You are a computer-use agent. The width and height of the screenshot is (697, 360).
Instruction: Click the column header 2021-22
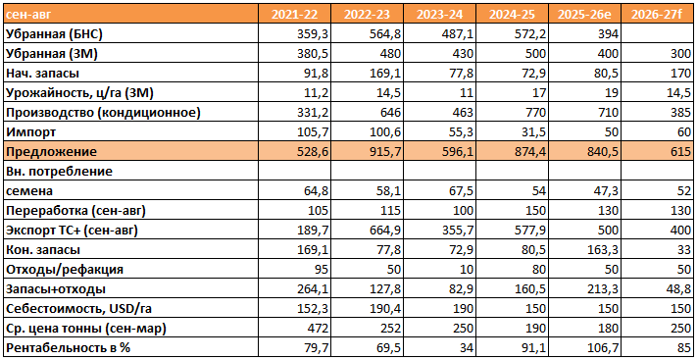[295, 15]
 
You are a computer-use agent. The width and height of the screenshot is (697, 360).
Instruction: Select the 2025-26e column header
[585, 15]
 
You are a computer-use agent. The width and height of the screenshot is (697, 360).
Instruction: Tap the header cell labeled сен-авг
[27, 15]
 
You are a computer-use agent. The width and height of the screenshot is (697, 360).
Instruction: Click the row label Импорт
[30, 132]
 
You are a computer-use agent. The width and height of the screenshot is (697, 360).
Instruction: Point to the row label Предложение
[51, 152]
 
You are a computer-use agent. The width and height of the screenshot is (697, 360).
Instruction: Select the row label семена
[28, 191]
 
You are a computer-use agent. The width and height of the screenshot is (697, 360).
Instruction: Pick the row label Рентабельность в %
[68, 348]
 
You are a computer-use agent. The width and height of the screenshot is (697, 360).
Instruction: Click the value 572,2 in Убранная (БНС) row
[529, 34]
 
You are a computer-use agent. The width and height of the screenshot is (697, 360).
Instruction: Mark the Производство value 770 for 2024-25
[534, 113]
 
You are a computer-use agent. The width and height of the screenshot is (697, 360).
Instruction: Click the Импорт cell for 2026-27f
[683, 132]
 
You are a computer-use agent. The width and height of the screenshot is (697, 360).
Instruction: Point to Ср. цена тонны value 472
[318, 329]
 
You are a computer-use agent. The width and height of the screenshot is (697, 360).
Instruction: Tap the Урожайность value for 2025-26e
[611, 93]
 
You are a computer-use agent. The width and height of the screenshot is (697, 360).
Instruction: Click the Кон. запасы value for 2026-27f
[684, 250]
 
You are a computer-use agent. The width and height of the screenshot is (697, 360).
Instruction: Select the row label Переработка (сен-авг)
[75, 211]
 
